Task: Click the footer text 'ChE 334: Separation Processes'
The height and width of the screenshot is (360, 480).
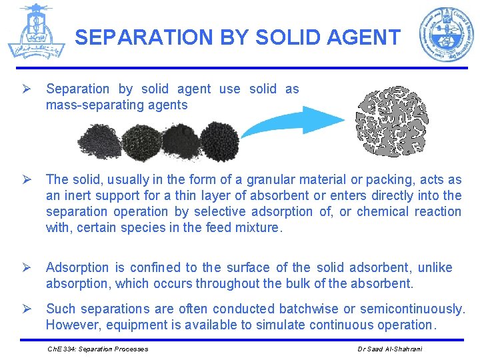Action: tap(97, 349)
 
